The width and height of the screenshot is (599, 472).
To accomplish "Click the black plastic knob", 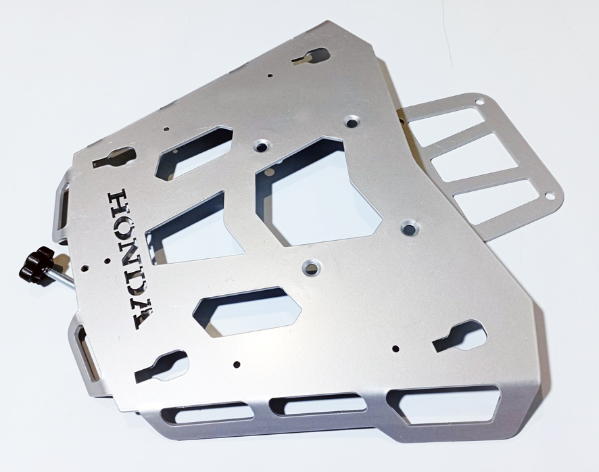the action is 37,263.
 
